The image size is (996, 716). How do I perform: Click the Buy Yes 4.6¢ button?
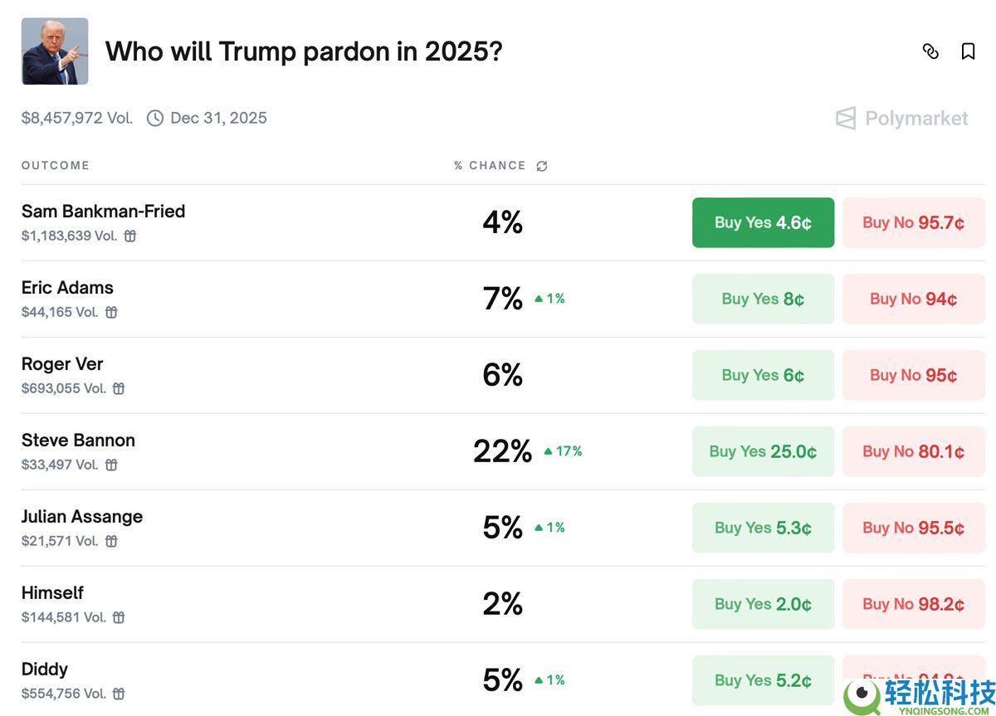coord(763,222)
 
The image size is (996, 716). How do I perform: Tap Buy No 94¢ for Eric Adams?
coord(913,299)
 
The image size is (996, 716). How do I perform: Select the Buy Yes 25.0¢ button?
coord(763,451)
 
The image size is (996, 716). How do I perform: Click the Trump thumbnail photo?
coord(55,51)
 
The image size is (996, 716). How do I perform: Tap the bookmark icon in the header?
coord(968,51)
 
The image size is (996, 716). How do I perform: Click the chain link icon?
coord(930,51)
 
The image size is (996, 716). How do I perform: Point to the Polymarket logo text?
coord(916,118)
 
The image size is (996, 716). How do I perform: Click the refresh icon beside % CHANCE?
coord(541,166)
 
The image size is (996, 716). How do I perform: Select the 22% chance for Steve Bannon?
coord(502,451)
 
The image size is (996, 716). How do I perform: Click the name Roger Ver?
coord(62,364)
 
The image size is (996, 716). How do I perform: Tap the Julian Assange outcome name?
coord(82,516)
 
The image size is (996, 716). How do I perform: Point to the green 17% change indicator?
coord(563,451)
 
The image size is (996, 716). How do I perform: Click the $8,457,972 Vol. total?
coord(77,118)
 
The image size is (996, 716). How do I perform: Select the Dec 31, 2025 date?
coord(218,118)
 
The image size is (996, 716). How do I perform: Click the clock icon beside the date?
coord(155,118)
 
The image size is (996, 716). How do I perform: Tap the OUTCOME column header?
coord(55,165)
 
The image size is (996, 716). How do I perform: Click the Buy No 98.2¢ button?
coord(913,603)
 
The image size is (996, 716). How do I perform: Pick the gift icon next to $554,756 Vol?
coord(119,694)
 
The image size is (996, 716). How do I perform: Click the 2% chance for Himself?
coord(502,603)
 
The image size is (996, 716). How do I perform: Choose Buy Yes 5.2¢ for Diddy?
coord(763,680)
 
